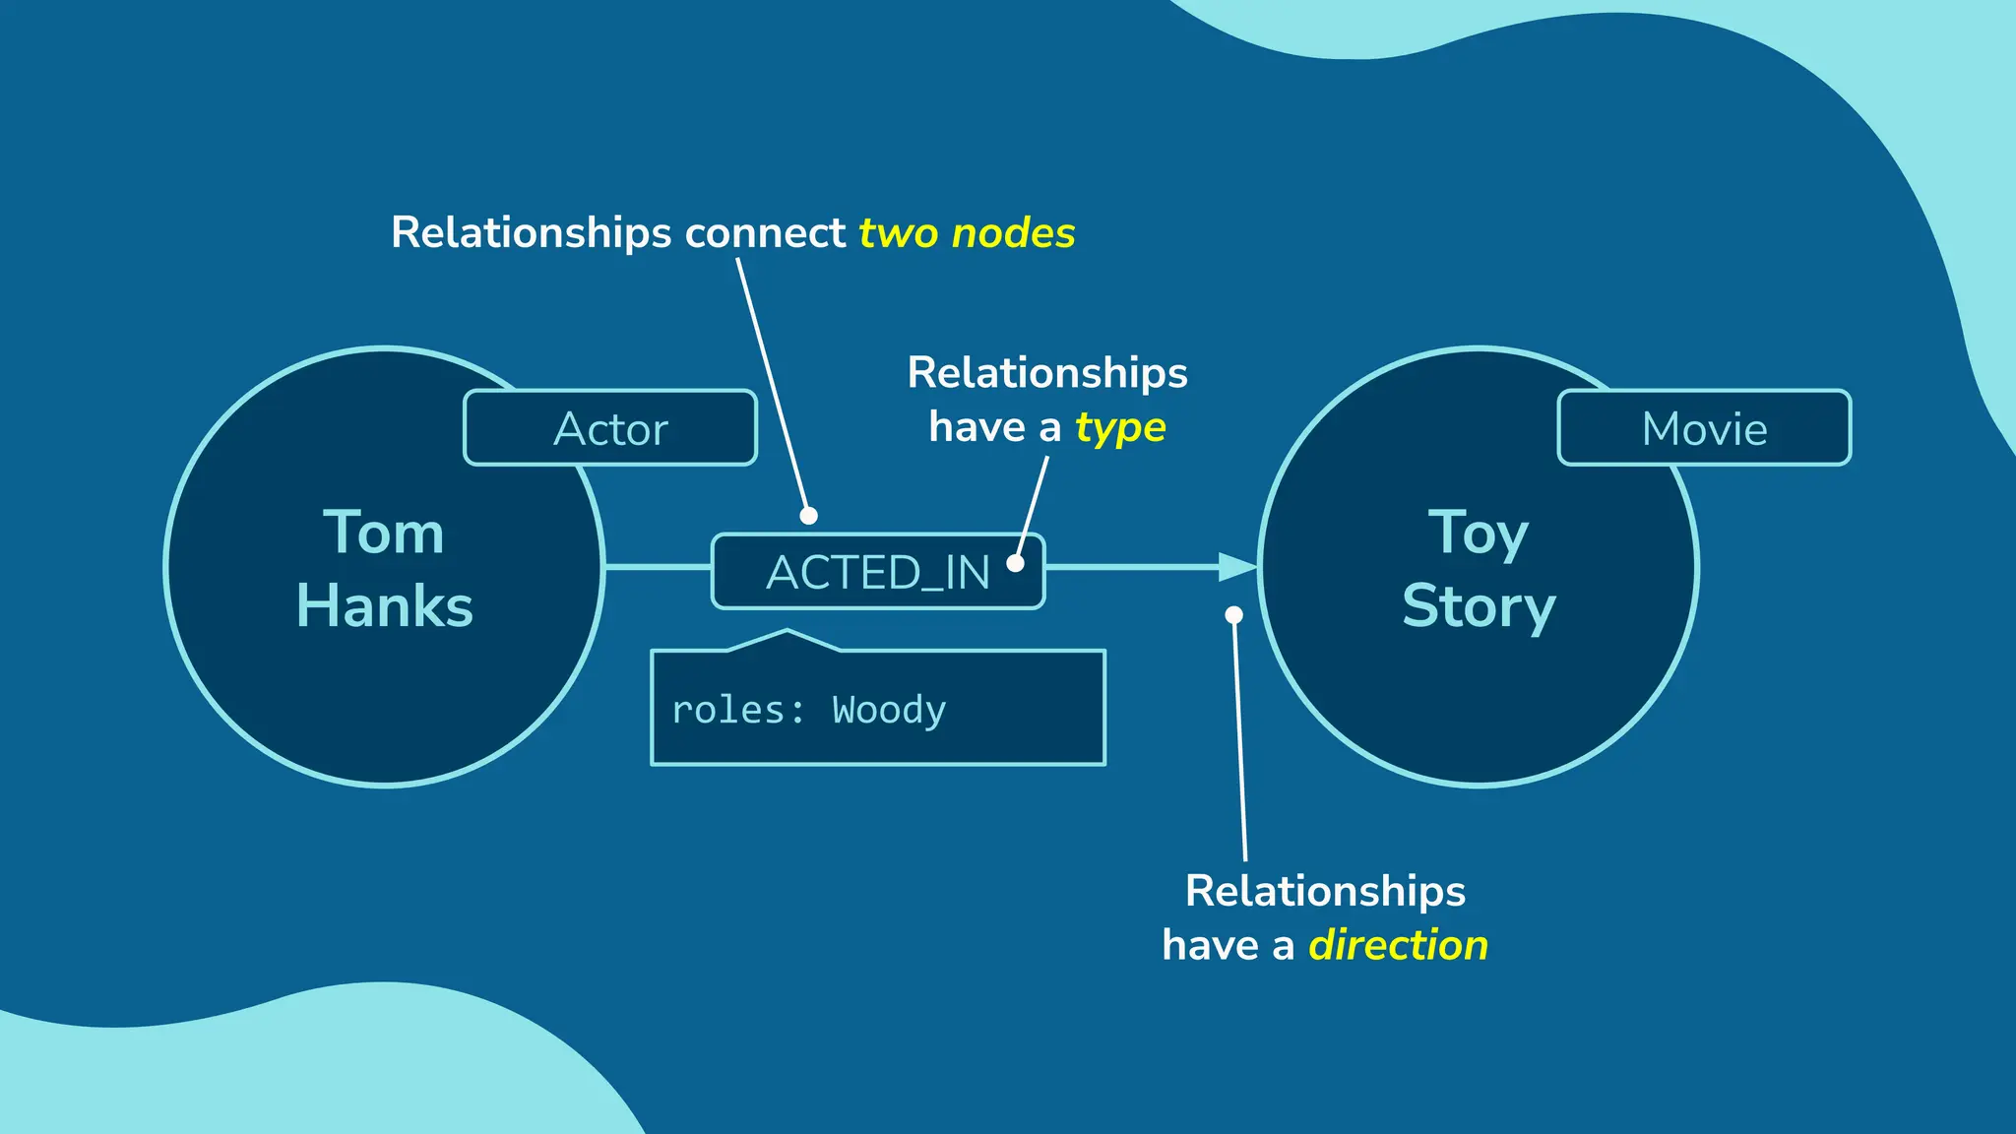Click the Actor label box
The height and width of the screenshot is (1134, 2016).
click(610, 428)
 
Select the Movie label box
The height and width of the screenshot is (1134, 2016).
click(1704, 428)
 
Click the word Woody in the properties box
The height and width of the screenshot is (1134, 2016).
click(889, 710)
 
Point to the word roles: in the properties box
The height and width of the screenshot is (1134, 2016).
click(738, 710)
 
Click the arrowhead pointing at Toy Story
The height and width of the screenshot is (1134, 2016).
click(1237, 567)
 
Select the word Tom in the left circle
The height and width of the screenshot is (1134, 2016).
click(384, 533)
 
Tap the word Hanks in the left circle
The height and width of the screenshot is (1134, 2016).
click(385, 605)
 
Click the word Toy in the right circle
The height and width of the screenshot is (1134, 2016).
click(1479, 535)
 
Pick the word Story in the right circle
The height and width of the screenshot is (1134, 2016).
click(1479, 606)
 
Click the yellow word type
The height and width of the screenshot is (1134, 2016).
click(1120, 428)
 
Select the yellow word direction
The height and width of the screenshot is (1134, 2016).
click(1398, 945)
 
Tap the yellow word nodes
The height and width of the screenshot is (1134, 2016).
click(1013, 233)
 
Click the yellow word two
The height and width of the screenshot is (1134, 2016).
click(899, 234)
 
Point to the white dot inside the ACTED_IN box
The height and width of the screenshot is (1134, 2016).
click(1015, 564)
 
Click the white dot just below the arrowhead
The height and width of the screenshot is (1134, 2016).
click(1233, 615)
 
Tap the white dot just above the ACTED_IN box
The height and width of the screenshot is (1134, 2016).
click(808, 516)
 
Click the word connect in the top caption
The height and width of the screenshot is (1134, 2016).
click(765, 233)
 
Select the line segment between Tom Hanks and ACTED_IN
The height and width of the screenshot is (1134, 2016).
click(658, 567)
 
